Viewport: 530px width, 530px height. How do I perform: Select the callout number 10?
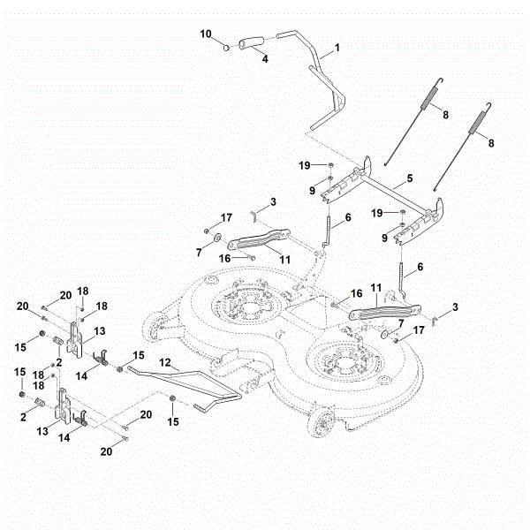tap(206, 34)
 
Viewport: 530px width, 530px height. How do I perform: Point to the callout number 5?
tap(410, 179)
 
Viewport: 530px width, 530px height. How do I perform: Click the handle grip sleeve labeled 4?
tap(253, 41)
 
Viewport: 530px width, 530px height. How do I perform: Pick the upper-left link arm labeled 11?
tap(261, 238)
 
